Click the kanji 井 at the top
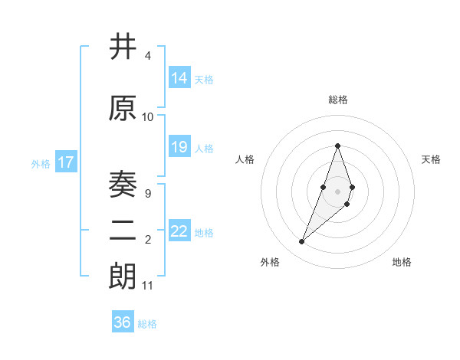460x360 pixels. tap(123, 47)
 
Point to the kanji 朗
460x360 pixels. tap(123, 277)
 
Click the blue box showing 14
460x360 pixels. tap(179, 78)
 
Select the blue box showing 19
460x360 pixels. tap(179, 147)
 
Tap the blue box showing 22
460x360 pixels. tap(179, 231)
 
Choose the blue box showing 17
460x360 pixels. tap(65, 162)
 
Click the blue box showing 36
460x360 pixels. tap(123, 322)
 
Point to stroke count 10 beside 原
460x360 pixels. tap(148, 117)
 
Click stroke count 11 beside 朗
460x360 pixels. tap(148, 286)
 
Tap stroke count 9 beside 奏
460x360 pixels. tap(147, 194)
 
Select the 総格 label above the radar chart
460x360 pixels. tap(337, 100)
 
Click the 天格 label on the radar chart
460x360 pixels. tap(431, 159)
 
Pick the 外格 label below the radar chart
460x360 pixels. tap(270, 262)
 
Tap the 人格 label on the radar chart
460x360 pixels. tap(245, 159)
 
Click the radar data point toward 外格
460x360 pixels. tap(302, 242)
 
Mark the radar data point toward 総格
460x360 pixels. tap(337, 146)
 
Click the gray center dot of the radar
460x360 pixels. tap(337, 191)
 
